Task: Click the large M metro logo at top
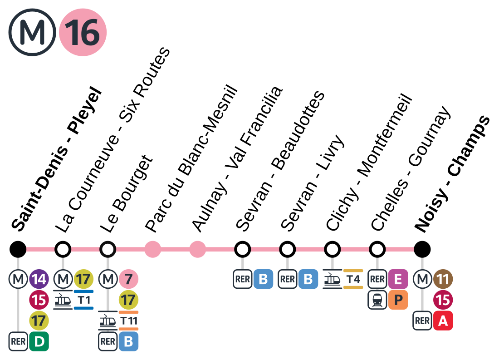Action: [32, 32]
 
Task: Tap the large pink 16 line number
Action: [83, 32]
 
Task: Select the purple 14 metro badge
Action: [39, 279]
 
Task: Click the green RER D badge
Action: [39, 341]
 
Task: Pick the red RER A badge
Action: [443, 321]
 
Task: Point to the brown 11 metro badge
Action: [443, 279]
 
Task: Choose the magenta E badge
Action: [398, 279]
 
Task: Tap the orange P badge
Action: [398, 300]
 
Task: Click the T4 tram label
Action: [353, 279]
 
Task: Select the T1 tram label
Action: [84, 300]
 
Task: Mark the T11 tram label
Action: [129, 321]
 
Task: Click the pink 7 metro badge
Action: [129, 279]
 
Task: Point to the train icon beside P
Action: [377, 300]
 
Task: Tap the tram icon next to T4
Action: [333, 279]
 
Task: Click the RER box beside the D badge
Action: [18, 341]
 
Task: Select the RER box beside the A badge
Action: [422, 321]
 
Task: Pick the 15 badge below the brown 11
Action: [443, 300]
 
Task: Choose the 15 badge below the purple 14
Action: [39, 300]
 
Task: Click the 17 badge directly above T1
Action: [84, 279]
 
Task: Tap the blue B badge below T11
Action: [129, 341]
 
